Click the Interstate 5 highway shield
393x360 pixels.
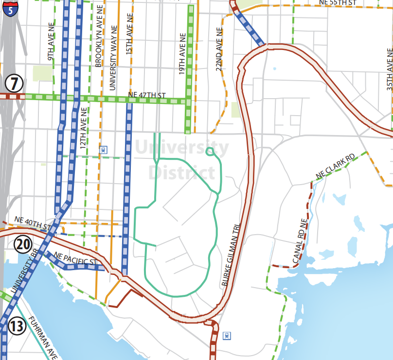pyautogui.click(x=11, y=8)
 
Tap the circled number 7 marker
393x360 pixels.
pyautogui.click(x=14, y=84)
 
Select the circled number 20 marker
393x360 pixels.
pyautogui.click(x=23, y=244)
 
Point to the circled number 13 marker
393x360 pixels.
pyautogui.click(x=17, y=326)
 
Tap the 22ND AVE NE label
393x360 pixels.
pyautogui.click(x=219, y=48)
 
